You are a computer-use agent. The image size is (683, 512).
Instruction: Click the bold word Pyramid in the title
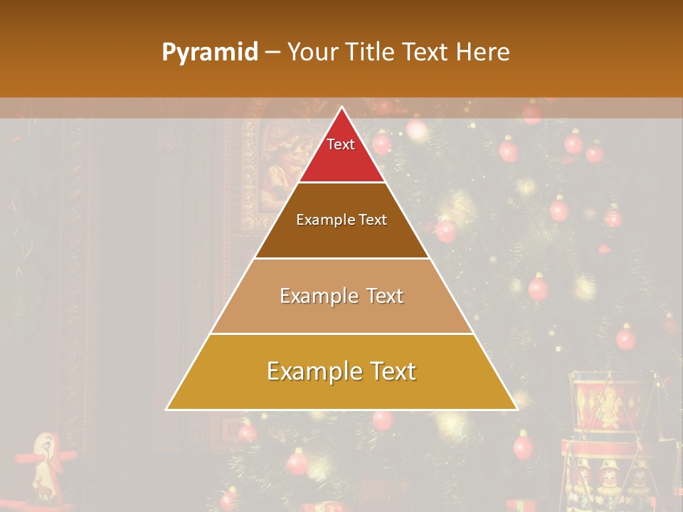pyautogui.click(x=210, y=53)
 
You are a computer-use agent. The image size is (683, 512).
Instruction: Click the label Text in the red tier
pyautogui.click(x=341, y=144)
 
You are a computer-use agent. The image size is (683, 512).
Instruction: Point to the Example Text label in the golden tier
pyautogui.click(x=341, y=371)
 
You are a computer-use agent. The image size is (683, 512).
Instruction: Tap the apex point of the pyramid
pyautogui.click(x=341, y=107)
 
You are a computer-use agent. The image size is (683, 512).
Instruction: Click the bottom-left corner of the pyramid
pyautogui.click(x=167, y=409)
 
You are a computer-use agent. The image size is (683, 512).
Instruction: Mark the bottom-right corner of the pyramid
pyautogui.click(x=517, y=409)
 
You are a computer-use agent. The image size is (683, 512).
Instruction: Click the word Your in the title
pyautogui.click(x=312, y=52)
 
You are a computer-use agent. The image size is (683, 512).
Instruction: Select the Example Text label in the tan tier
pyautogui.click(x=341, y=296)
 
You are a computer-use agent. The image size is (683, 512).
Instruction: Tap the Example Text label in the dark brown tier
pyautogui.click(x=341, y=220)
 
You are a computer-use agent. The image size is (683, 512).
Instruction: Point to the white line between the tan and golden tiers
pyautogui.click(x=341, y=334)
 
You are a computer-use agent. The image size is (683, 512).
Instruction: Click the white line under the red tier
pyautogui.click(x=341, y=183)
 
